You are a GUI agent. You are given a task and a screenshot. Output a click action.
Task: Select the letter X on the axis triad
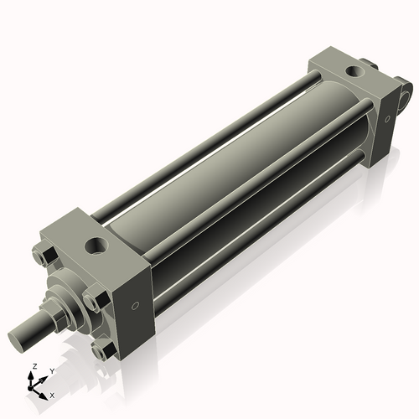point(53,394)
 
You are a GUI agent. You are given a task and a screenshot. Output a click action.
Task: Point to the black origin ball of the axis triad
point(34,387)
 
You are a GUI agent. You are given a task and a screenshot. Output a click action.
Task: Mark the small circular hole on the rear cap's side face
point(387,120)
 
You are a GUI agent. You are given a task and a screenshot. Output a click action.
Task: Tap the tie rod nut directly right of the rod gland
point(94,300)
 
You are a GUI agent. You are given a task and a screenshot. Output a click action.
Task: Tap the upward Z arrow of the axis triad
point(33,376)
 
